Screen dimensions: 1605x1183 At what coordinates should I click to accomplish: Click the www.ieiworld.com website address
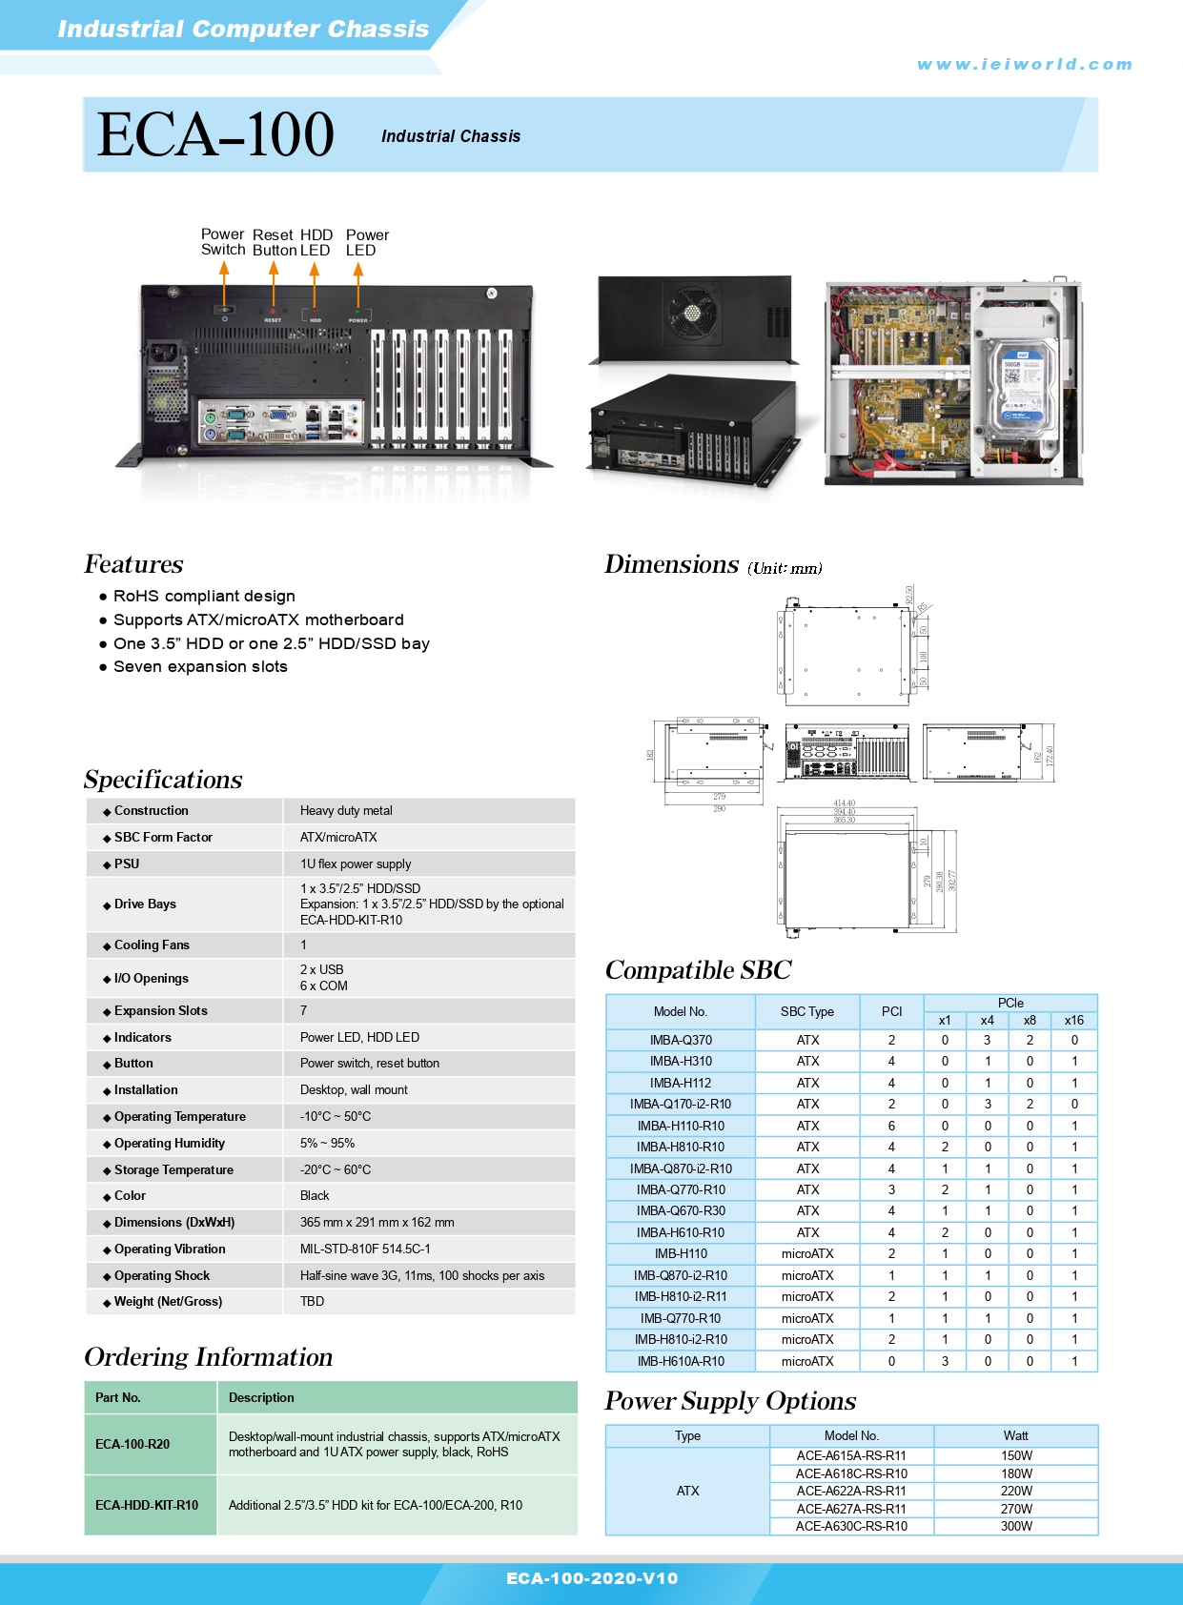[x=1025, y=65]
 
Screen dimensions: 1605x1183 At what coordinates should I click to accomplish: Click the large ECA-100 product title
[x=215, y=134]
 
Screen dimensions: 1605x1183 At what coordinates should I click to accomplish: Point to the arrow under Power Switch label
[x=224, y=281]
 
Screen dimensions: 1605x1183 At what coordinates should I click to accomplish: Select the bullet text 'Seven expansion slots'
[x=200, y=667]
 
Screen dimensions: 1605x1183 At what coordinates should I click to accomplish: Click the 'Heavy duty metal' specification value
[x=346, y=811]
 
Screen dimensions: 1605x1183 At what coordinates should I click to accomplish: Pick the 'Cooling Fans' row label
[x=152, y=945]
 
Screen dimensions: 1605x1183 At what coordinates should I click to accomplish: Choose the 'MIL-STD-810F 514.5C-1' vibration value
[x=365, y=1249]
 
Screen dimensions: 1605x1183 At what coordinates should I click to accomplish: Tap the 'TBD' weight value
[x=312, y=1302]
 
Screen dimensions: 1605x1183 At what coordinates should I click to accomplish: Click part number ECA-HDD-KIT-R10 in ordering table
[x=147, y=1506]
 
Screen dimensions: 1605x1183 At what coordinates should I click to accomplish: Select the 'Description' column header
[x=261, y=1398]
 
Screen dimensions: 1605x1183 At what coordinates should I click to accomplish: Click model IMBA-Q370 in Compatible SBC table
[x=681, y=1041]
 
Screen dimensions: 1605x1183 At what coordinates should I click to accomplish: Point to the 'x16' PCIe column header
[x=1074, y=1021]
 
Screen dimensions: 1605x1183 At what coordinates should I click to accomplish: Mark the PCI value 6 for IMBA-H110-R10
[x=891, y=1127]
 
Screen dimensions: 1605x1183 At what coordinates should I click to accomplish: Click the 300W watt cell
[x=1016, y=1527]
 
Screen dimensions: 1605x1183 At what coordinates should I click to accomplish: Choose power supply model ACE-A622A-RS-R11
[x=851, y=1492]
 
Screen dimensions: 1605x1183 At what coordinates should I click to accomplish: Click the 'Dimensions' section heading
[x=671, y=565]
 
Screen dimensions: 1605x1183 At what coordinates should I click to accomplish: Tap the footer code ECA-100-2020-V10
[x=592, y=1579]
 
